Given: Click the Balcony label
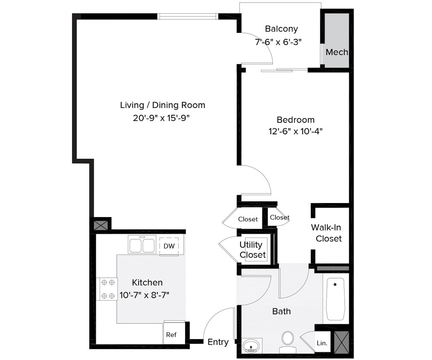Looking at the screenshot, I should point(281,29).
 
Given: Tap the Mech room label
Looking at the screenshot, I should point(336,52).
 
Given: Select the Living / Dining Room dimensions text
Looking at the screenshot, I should point(162,118).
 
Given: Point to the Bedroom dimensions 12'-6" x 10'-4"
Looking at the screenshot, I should point(295,132).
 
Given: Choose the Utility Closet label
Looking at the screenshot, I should point(252,250).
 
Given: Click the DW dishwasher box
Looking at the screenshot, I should point(169,246).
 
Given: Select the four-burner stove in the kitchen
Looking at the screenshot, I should point(107,289).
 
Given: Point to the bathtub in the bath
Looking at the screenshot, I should point(336,299).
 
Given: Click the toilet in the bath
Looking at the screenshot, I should point(288,340).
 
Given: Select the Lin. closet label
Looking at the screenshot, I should point(322,343).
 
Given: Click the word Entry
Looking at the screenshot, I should point(218,342).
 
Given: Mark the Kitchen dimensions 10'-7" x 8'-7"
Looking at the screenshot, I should point(147,295).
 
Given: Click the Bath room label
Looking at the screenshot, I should point(281,311).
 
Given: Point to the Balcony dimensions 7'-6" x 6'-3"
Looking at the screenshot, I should point(281,42).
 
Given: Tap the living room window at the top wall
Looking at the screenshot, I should point(188,17).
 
